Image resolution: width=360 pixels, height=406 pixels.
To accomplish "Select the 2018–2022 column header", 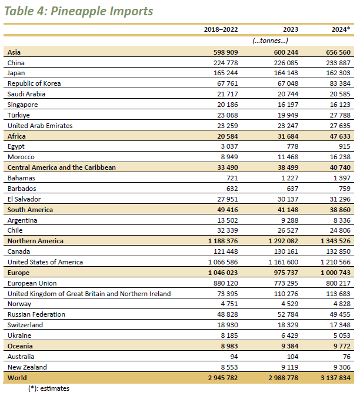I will (221, 29).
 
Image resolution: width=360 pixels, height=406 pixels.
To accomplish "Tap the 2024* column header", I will (342, 29).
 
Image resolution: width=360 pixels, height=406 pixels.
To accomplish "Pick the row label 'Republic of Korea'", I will (34, 83).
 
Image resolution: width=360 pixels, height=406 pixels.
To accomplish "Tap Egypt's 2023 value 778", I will (292, 146).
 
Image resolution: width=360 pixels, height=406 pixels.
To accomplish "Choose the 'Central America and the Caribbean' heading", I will (62, 167).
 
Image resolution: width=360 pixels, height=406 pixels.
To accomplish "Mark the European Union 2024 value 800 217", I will (337, 283).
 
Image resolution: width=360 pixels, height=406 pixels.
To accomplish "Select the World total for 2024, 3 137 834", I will (334, 378).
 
